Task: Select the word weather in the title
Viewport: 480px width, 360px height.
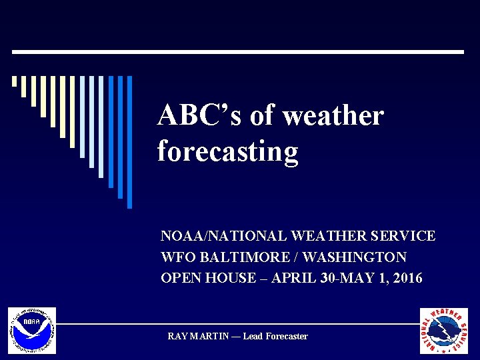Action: point(333,116)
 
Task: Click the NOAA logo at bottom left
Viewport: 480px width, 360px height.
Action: point(32,331)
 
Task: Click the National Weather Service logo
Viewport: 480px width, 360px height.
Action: point(443,331)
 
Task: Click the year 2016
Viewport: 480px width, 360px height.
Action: point(407,278)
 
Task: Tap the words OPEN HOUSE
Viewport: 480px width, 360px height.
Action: point(208,278)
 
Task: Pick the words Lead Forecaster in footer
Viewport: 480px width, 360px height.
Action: point(275,337)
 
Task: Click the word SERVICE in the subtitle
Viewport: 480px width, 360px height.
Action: point(406,236)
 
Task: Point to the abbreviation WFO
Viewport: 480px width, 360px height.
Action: point(175,257)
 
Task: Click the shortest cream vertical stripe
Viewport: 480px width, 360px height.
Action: point(14,81)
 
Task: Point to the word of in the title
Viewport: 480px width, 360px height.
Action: point(262,116)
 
